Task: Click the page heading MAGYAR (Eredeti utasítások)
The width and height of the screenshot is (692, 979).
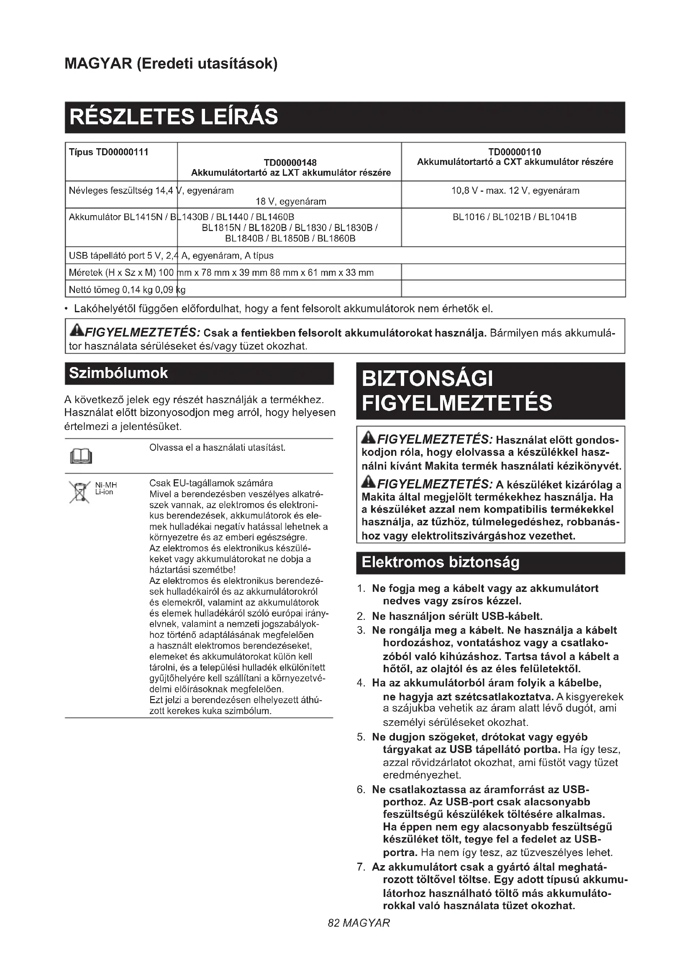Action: (171, 64)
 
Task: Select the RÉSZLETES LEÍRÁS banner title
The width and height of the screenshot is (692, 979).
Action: (174, 117)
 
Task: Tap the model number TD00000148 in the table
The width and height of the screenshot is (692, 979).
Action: (290, 162)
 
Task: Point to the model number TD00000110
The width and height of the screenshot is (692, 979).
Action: (514, 152)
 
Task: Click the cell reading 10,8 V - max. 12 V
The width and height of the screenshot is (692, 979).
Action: (515, 190)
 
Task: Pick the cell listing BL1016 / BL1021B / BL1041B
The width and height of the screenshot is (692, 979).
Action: (514, 217)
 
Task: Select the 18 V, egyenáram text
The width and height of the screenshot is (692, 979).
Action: (291, 201)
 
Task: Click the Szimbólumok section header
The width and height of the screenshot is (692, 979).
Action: (118, 373)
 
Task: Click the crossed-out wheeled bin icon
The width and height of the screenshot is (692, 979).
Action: (79, 492)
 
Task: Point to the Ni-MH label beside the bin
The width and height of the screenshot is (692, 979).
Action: (106, 485)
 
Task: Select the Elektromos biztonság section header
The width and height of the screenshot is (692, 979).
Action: (441, 562)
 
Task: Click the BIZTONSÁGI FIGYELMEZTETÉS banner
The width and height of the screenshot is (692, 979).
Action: (456, 391)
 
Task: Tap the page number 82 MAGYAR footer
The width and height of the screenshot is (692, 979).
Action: (359, 923)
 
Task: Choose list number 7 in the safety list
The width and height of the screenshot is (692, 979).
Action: (361, 867)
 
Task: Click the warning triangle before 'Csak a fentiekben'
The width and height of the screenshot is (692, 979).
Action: (76, 330)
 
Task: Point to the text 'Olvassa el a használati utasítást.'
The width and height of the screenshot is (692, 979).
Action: (217, 448)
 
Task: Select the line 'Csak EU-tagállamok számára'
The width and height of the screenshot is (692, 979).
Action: (211, 483)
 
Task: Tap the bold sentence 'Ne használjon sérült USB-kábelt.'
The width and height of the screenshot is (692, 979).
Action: (457, 616)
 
